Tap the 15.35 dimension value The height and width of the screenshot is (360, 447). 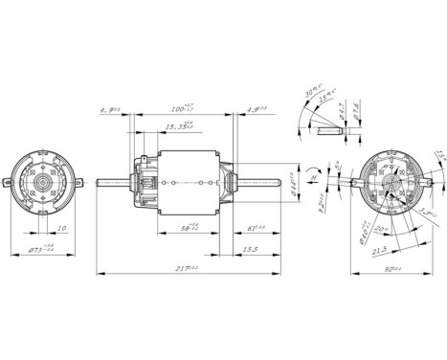tap(178, 126)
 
